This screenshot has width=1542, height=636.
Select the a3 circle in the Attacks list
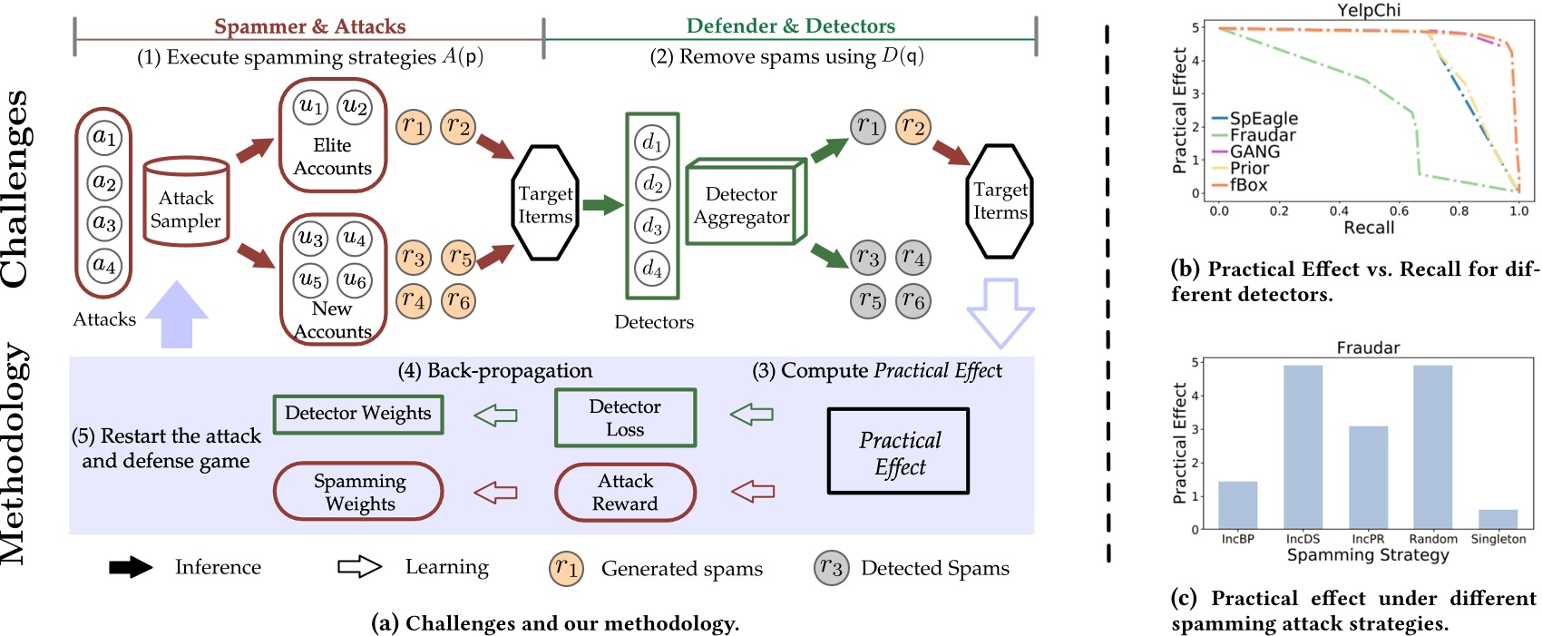coord(104,222)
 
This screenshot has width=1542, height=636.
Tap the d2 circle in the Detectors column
coord(652,184)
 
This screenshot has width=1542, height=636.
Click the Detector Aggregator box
coord(741,206)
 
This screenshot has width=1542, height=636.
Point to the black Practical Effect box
coord(899,452)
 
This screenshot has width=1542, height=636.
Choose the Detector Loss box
coord(625,418)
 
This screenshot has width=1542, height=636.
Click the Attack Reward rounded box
coord(625,493)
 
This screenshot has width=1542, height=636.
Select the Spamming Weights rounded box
coord(359,493)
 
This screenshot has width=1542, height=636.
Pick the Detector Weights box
coord(358,414)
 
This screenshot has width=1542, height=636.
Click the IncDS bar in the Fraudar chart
coord(1303,446)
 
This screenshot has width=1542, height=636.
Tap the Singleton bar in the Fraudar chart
coord(1498,519)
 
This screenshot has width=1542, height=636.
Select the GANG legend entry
coord(1254,152)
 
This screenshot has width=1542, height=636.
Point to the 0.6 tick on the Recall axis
coord(1399,211)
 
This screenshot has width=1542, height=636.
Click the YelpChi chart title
coord(1369,10)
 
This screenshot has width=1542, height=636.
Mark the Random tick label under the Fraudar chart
coord(1433,539)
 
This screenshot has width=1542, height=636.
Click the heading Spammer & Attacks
coord(309,26)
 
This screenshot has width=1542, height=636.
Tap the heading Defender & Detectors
coord(790,26)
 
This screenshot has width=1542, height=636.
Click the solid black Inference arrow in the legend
coord(132,568)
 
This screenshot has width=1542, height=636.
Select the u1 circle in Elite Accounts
coord(310,106)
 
